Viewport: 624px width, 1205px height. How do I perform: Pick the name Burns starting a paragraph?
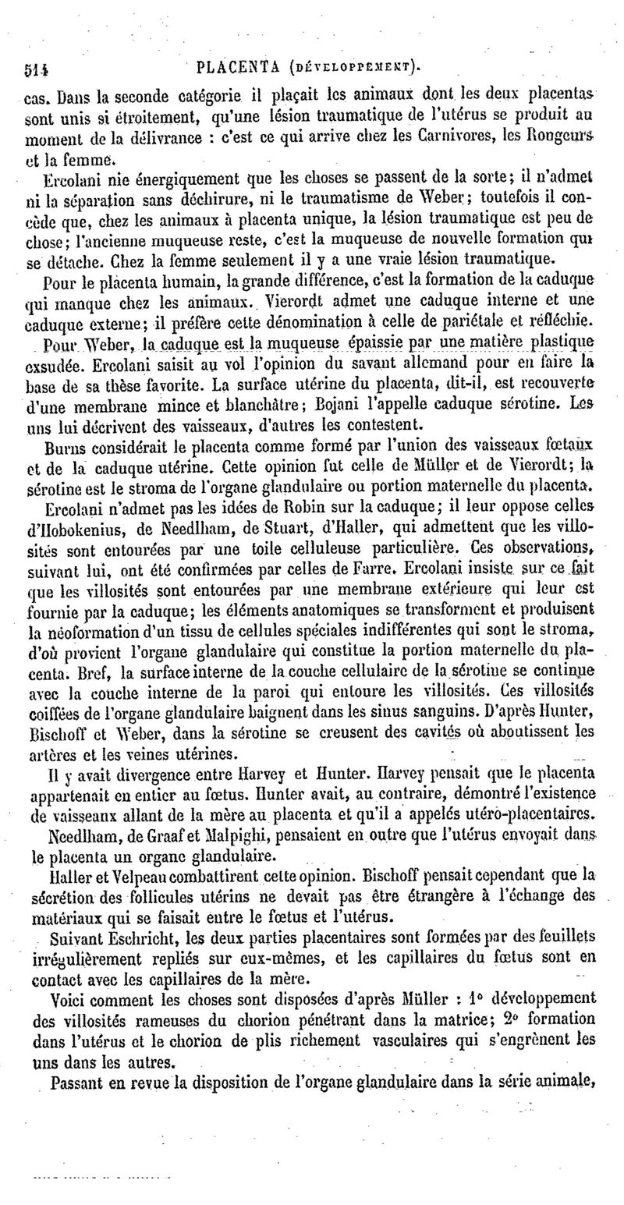(x=66, y=447)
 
